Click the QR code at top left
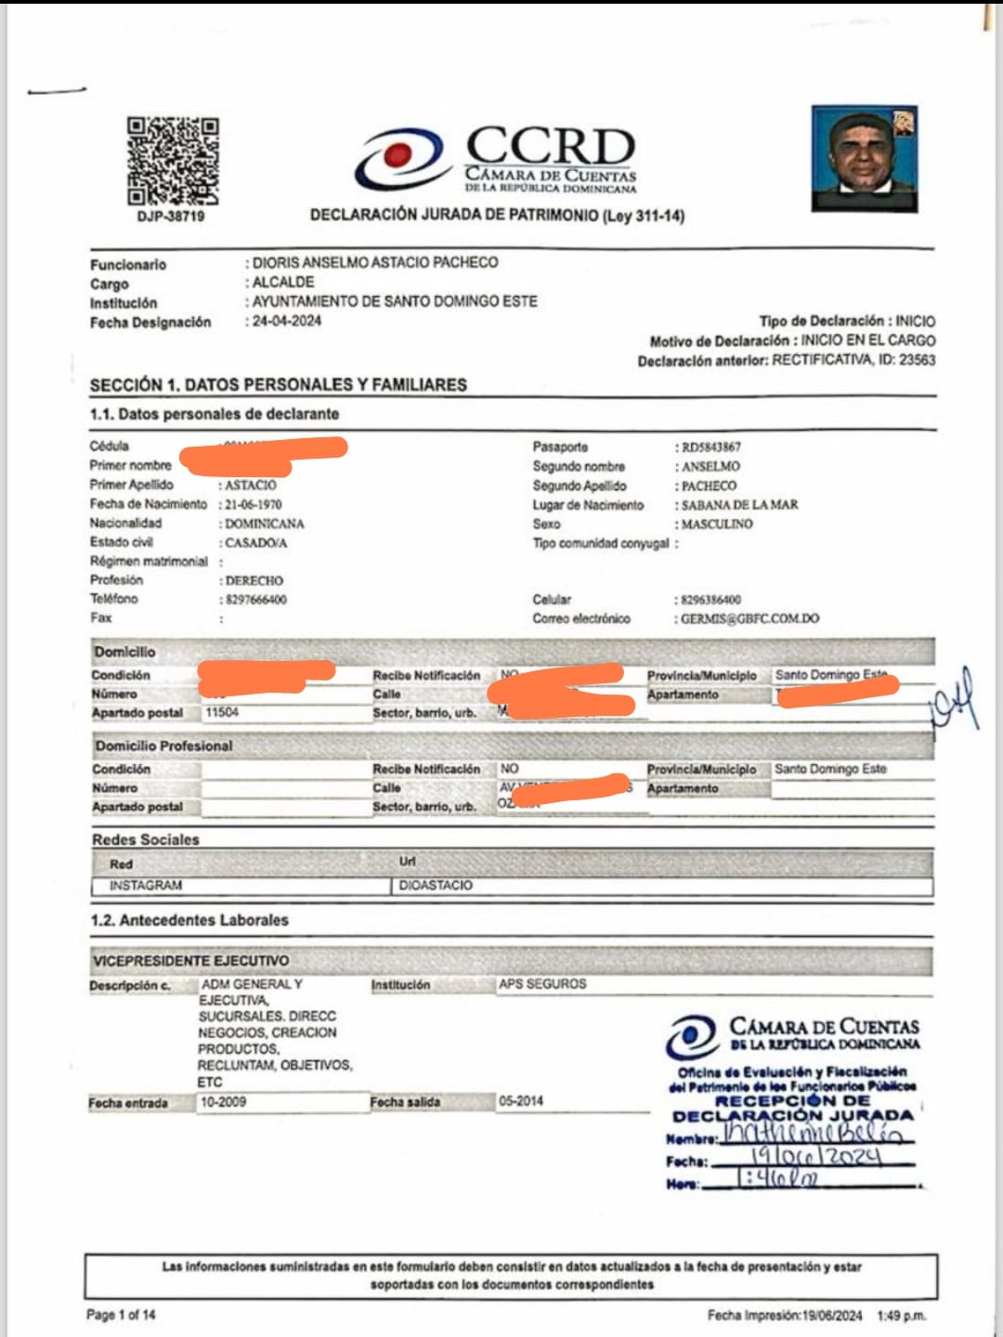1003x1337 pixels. (x=173, y=161)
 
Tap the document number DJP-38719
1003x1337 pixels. (x=171, y=216)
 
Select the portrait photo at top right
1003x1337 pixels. (x=865, y=159)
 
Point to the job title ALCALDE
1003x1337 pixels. (x=283, y=282)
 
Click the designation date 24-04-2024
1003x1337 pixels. (x=287, y=321)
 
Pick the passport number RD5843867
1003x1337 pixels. (x=710, y=448)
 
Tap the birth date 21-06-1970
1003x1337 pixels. (x=253, y=504)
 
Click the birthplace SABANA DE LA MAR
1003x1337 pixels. (x=739, y=505)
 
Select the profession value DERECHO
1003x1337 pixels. (x=254, y=580)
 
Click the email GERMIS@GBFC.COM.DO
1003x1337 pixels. (x=749, y=618)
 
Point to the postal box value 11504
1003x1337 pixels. (x=222, y=712)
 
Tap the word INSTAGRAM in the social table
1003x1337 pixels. (x=146, y=886)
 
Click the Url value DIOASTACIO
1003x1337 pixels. (x=436, y=886)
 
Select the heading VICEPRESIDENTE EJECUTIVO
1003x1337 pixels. (x=190, y=961)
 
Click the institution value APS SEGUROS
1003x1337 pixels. (x=542, y=984)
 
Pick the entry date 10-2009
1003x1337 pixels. (x=224, y=1102)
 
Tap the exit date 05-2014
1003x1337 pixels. (x=521, y=1101)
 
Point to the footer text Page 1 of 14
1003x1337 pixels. (x=121, y=1315)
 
